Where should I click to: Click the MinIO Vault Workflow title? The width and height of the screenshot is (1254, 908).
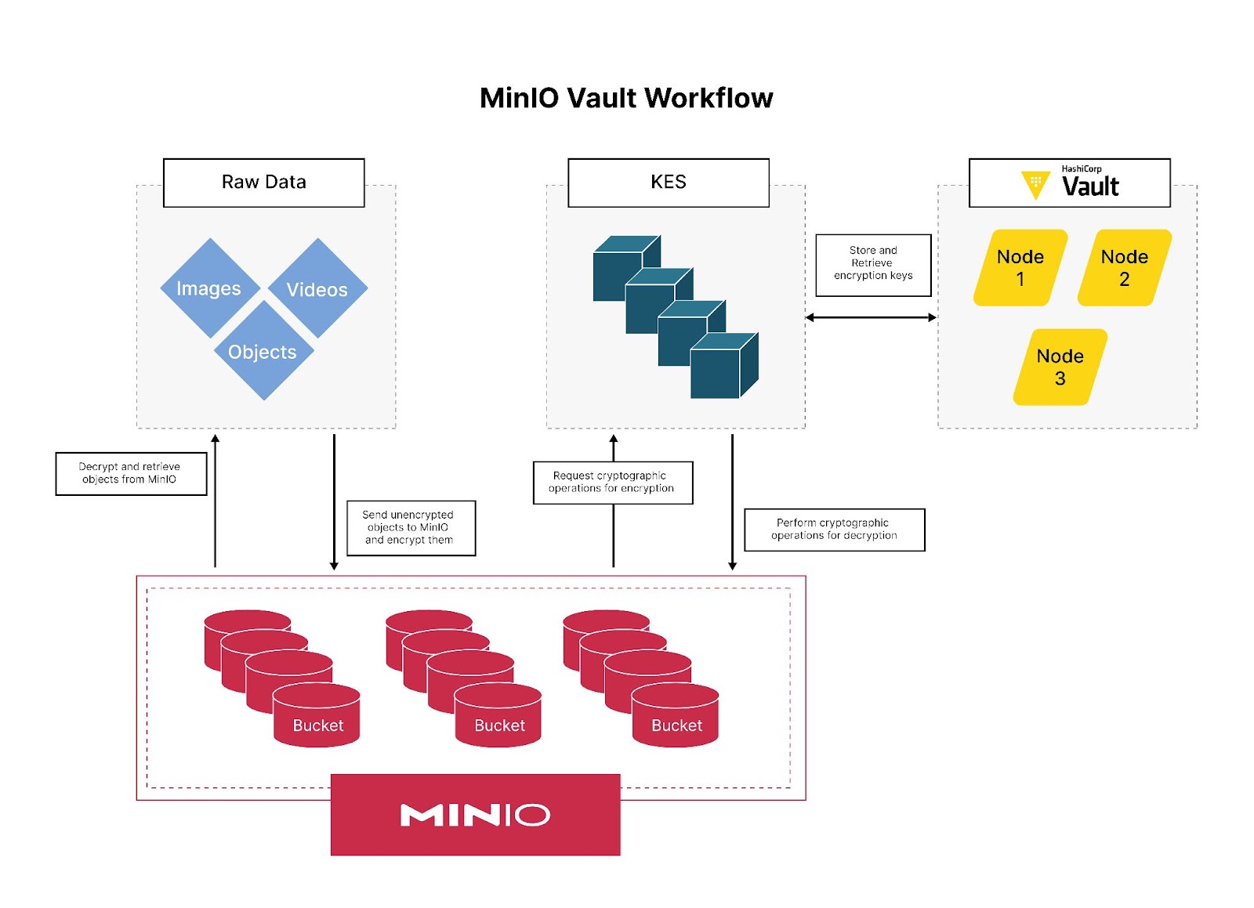[625, 98]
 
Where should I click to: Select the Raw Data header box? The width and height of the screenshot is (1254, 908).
[263, 183]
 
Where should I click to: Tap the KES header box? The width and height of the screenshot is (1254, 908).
[668, 183]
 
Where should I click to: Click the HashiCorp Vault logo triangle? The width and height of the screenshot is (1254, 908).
[1035, 183]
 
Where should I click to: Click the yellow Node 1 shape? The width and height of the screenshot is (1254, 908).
[1020, 268]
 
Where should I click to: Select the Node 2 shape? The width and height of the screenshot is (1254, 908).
[1124, 268]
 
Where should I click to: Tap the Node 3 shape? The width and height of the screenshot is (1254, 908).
[1060, 367]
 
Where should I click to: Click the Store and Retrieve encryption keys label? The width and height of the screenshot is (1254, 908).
[872, 264]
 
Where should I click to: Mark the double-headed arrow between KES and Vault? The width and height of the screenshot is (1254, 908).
[870, 317]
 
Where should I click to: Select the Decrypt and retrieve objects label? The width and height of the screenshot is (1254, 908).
[130, 473]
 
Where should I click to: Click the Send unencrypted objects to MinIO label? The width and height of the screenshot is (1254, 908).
[410, 527]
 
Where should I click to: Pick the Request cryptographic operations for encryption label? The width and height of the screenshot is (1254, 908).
[612, 482]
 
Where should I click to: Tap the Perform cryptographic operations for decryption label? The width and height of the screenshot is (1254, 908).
[833, 530]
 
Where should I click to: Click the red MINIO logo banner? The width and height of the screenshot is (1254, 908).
[475, 814]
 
